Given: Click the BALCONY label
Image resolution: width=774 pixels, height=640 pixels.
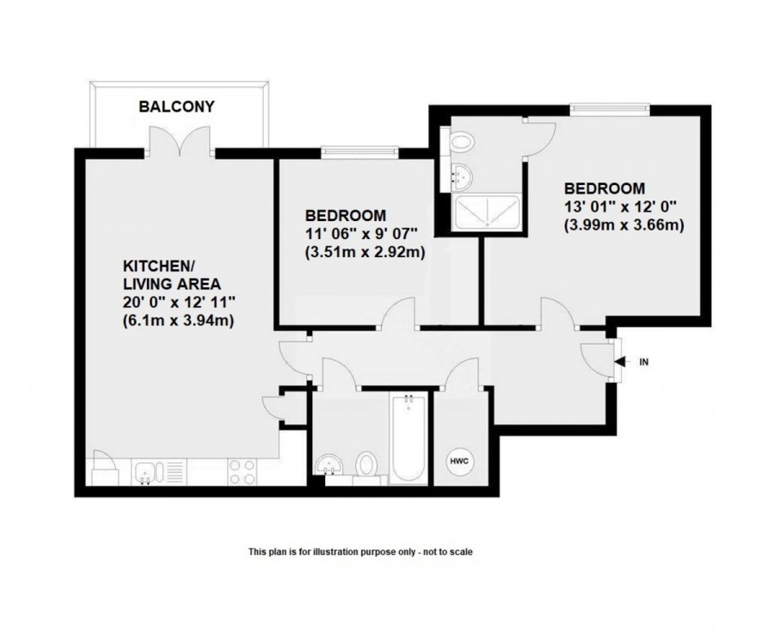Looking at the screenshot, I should click(x=176, y=108).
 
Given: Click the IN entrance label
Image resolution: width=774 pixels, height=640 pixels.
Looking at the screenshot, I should click(x=643, y=362).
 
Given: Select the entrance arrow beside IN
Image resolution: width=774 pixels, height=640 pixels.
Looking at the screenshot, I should click(x=621, y=362).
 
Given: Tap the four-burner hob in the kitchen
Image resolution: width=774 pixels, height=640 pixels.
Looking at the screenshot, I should click(x=242, y=471).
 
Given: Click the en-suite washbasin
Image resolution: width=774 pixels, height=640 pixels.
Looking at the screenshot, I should click(x=459, y=175).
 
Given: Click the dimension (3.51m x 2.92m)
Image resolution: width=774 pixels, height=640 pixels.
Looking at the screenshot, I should click(x=365, y=253).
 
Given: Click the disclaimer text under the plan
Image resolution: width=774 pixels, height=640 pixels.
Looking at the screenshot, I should click(x=360, y=551).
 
